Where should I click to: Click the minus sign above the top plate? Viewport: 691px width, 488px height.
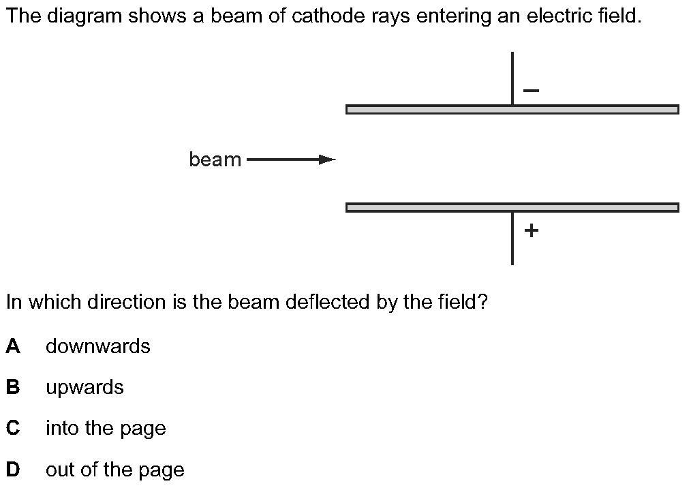pos(532,90)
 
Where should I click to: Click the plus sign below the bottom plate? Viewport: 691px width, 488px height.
pos(532,230)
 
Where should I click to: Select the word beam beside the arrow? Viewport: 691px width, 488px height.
pos(215,160)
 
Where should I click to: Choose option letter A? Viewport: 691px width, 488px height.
pos(13,346)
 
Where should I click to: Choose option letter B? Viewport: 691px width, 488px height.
pos(13,387)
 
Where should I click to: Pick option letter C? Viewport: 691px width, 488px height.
pos(13,428)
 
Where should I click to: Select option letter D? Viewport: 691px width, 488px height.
pos(13,470)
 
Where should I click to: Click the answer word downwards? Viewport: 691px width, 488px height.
pos(97,346)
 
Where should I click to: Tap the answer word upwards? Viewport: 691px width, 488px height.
pos(85,388)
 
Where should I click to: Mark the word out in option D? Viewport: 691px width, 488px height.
pos(59,470)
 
